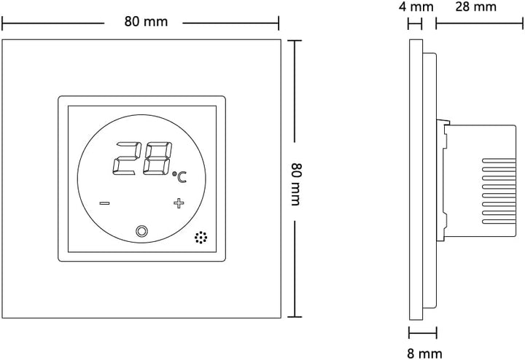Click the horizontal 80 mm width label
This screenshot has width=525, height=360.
(x=146, y=22)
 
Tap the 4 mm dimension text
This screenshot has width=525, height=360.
(x=417, y=7)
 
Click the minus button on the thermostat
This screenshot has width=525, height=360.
(x=104, y=203)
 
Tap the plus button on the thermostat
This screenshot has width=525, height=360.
(x=179, y=203)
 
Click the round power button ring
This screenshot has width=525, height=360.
(x=141, y=232)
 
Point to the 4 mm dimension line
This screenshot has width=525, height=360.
(x=415, y=23)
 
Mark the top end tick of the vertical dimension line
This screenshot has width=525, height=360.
(x=294, y=40)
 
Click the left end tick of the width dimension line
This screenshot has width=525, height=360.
(x=2, y=23)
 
